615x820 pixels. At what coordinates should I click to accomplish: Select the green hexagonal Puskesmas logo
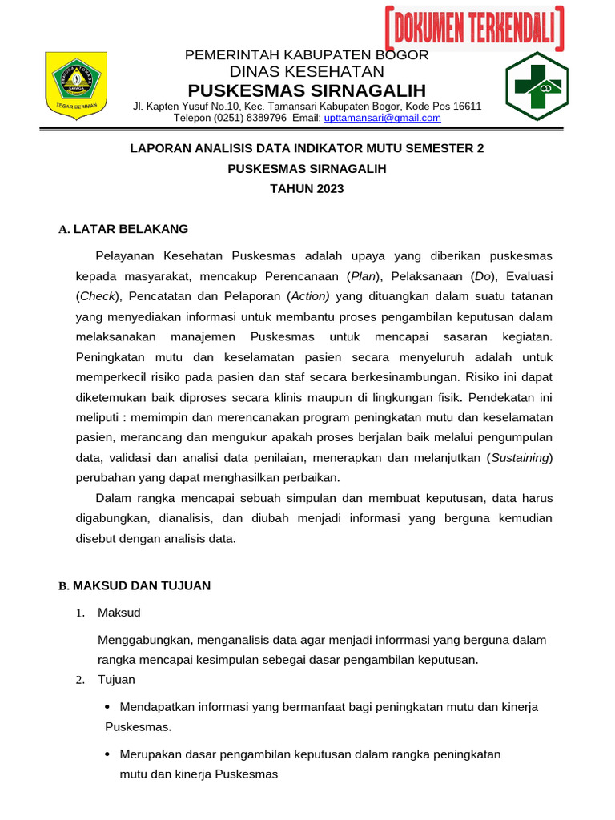537,86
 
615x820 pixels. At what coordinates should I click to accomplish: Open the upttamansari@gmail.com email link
382,118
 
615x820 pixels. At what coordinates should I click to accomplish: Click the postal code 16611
466,106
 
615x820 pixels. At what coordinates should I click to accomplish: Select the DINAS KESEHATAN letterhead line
307,71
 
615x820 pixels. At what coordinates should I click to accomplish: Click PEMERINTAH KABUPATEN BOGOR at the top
307,54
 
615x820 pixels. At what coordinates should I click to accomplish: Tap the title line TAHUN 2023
307,189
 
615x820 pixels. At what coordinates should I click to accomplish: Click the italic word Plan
362,276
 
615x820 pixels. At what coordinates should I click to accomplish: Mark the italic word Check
97,296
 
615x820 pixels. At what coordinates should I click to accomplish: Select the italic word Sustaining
520,457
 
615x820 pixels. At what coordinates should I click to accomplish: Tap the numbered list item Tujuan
116,680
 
